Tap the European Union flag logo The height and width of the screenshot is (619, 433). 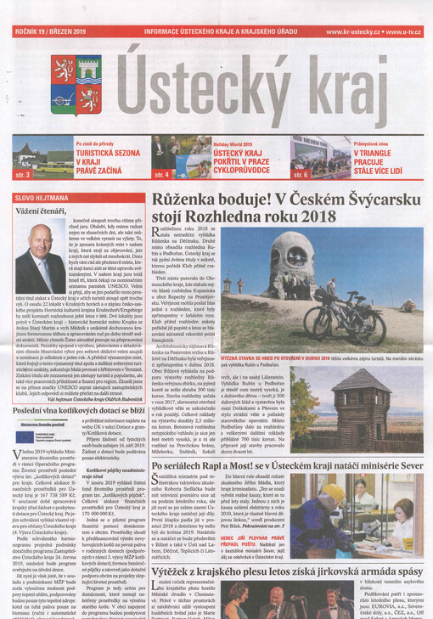pos(25,437)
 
